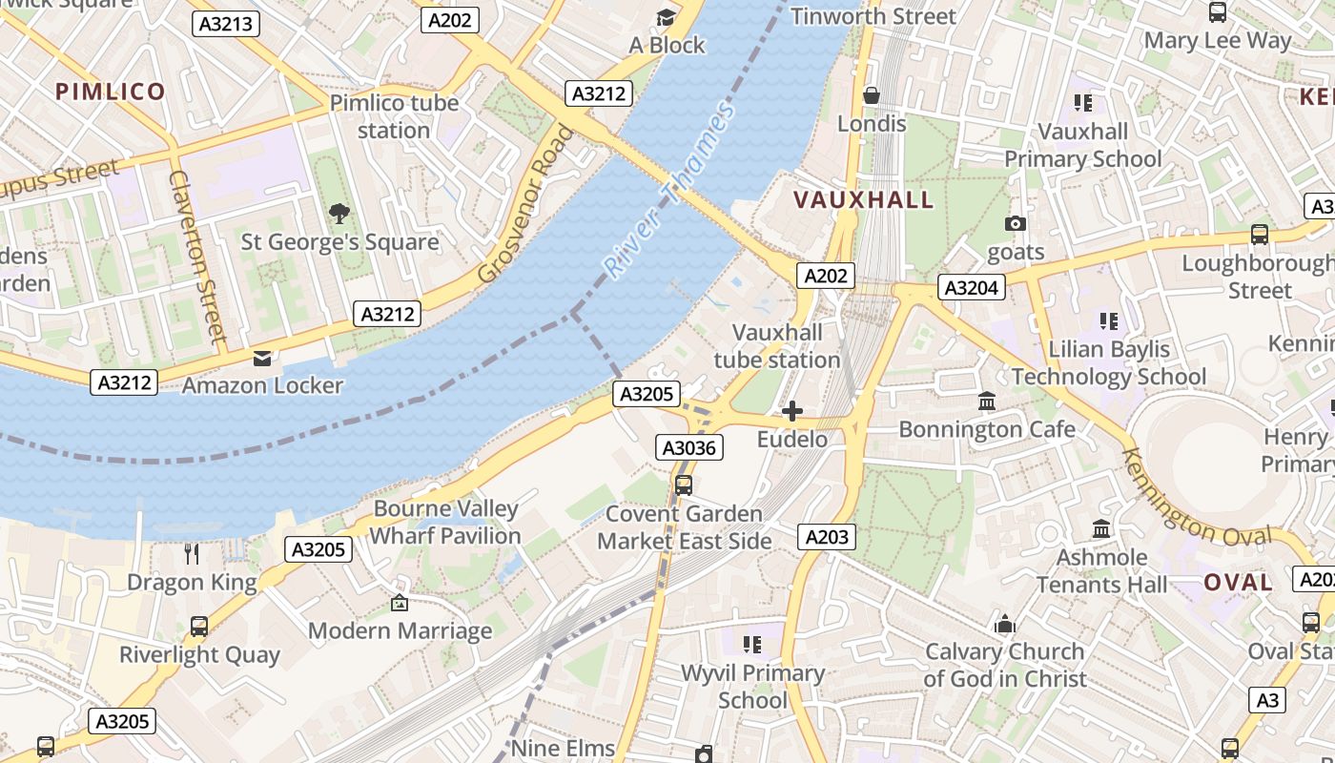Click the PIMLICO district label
point(111,92)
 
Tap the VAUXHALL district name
point(864,200)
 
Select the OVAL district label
point(1238,583)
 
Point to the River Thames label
point(670,190)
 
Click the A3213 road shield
point(226,24)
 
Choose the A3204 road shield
point(972,287)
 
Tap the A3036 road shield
point(689,447)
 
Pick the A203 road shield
point(827,537)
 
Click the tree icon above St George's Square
point(339,213)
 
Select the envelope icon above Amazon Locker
point(261,358)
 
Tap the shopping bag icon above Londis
point(871,95)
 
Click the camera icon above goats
point(1016,224)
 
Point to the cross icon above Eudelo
point(791,411)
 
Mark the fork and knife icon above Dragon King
point(192,553)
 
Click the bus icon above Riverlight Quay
point(198,627)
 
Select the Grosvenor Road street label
point(526,204)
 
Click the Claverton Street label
point(197,256)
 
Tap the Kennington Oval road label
point(1196,499)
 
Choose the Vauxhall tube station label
point(777,346)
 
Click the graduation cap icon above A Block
point(666,17)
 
